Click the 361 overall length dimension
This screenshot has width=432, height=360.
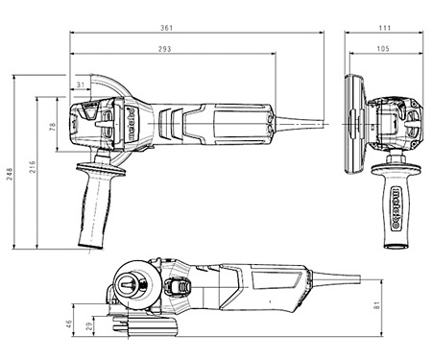pyautogui.click(x=166, y=28)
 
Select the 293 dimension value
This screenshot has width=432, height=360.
pyautogui.click(x=165, y=49)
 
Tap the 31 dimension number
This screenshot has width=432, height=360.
pyautogui.click(x=81, y=84)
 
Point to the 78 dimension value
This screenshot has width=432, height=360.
pyautogui.click(x=53, y=127)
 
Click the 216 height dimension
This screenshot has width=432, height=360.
pyautogui.click(x=33, y=167)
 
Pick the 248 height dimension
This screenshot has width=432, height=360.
pyautogui.click(x=10, y=174)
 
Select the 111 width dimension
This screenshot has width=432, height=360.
pyautogui.click(x=385, y=28)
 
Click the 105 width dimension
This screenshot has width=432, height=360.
pyautogui.click(x=383, y=49)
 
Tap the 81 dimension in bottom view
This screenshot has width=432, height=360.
pyautogui.click(x=377, y=305)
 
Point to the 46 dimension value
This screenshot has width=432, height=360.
pyautogui.click(x=68, y=324)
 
